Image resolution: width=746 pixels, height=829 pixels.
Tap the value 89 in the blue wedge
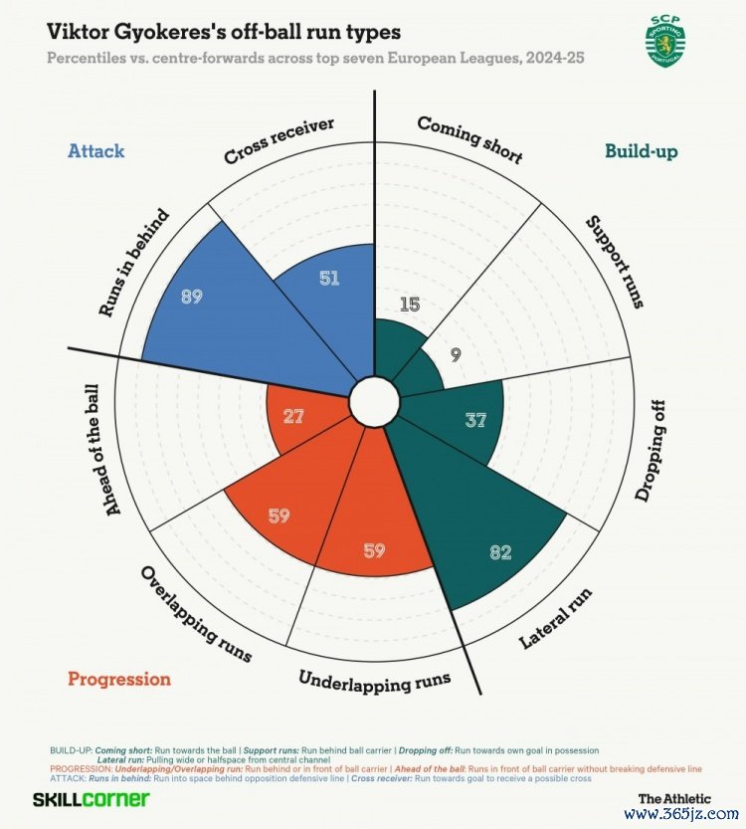click(x=193, y=296)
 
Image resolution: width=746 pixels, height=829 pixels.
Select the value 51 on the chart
click(x=329, y=278)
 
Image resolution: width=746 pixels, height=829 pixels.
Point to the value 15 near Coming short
click(x=408, y=304)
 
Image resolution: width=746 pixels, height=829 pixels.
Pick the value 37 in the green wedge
click(x=475, y=420)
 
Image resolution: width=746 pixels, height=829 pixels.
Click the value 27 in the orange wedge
click(x=292, y=416)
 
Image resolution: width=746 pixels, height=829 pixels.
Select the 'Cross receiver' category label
click(x=279, y=141)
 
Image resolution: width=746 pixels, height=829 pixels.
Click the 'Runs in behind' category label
click(x=134, y=263)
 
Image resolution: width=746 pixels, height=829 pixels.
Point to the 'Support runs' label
click(x=613, y=261)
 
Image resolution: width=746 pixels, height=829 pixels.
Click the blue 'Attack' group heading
click(x=95, y=151)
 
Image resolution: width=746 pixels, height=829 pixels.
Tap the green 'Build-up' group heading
click(x=642, y=151)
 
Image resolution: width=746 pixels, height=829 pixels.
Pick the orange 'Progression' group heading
click(x=118, y=679)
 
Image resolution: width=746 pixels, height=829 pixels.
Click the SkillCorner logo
click(x=91, y=799)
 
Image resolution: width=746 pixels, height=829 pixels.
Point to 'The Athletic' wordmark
click(x=674, y=798)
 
